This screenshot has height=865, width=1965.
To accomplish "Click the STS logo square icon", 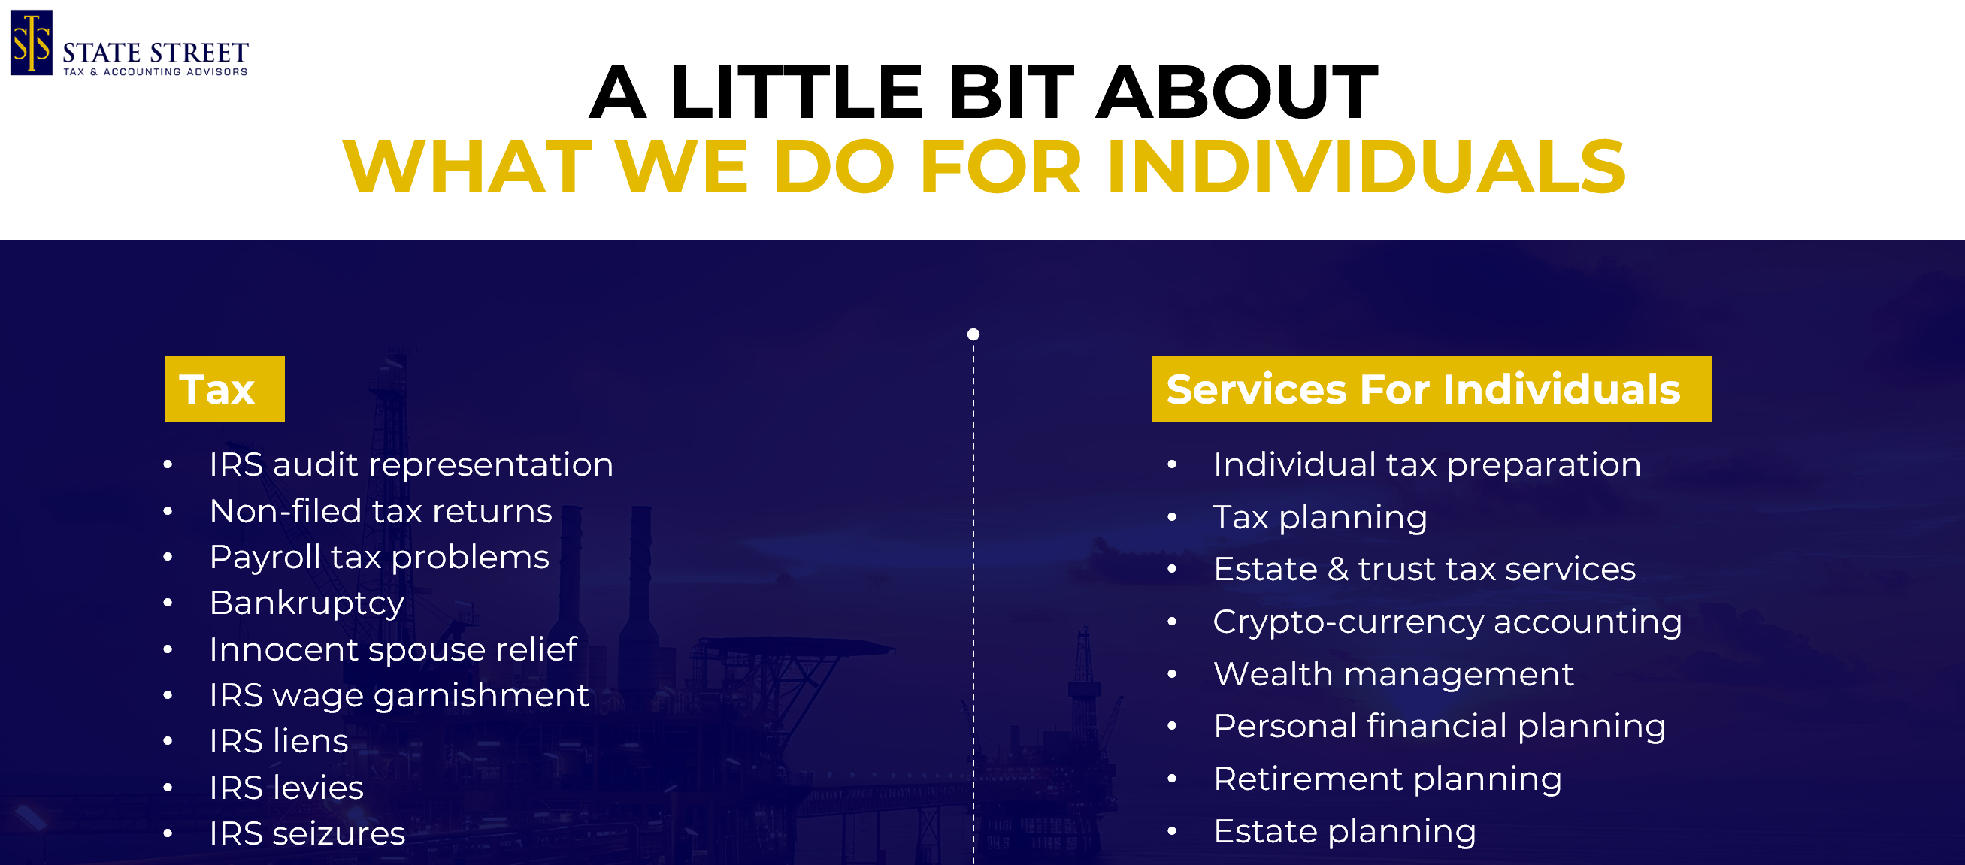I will click(32, 43).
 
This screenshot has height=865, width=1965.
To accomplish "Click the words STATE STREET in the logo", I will click(156, 53).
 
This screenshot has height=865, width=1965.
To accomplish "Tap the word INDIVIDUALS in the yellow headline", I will click(1365, 166).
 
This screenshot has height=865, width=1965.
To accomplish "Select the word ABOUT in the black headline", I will click(1237, 92).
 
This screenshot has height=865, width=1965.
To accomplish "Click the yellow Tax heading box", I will click(224, 389).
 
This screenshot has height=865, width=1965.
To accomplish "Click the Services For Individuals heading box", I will click(1431, 389).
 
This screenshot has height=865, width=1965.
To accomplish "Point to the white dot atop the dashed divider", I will click(973, 334).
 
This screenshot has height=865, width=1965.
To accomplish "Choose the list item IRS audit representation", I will click(411, 464).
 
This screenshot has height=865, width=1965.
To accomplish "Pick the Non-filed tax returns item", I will click(380, 511).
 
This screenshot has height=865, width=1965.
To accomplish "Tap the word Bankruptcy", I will click(307, 603).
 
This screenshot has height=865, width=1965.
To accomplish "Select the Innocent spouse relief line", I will click(393, 649).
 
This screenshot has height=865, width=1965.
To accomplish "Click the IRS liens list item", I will click(278, 741).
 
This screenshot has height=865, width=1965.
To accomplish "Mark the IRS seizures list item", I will click(307, 833).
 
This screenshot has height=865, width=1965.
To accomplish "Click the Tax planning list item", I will click(1320, 517).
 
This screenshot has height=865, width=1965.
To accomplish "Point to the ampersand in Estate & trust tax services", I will click(1337, 569).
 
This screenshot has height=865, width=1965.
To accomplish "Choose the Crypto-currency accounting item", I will click(1447, 622).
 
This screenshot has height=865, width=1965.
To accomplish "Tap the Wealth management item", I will click(1393, 674).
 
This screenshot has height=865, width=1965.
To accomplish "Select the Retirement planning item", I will click(1387, 779).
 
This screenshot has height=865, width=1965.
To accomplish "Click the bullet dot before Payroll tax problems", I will click(168, 558).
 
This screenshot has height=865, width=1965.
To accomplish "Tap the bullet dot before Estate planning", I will click(1173, 831).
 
